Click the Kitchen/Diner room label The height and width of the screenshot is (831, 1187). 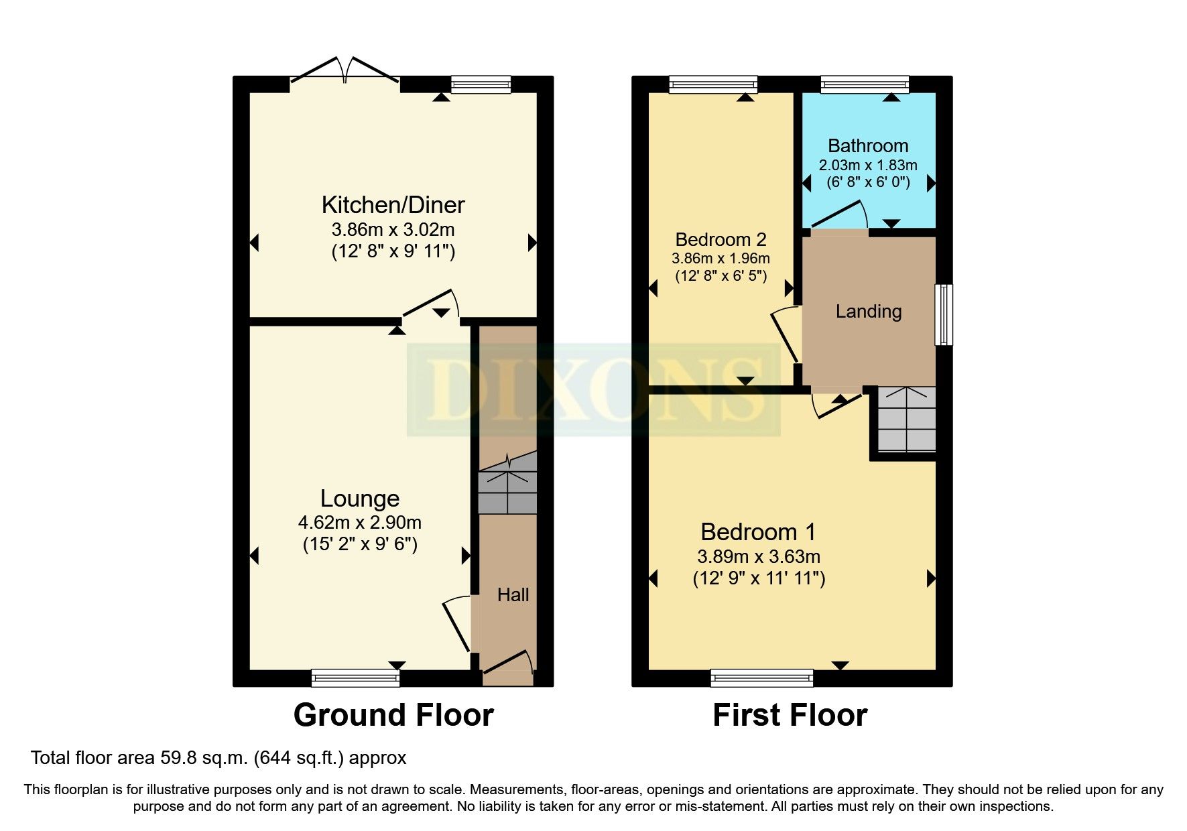(393, 204)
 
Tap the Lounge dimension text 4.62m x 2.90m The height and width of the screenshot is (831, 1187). (360, 522)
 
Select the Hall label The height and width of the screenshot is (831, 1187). (513, 594)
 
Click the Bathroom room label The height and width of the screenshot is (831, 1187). (868, 145)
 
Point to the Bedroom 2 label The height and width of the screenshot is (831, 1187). (721, 239)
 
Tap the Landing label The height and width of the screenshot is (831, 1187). (868, 311)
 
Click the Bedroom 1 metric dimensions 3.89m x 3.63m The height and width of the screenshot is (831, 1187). (758, 556)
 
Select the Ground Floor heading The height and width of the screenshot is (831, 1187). (393, 715)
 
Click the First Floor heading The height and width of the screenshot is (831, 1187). (790, 715)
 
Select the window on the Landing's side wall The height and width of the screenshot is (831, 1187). (943, 314)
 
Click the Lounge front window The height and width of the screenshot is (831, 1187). (355, 678)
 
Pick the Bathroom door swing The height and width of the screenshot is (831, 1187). (839, 215)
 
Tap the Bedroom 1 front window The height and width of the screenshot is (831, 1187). (761, 678)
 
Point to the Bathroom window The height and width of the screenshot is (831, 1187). (865, 84)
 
